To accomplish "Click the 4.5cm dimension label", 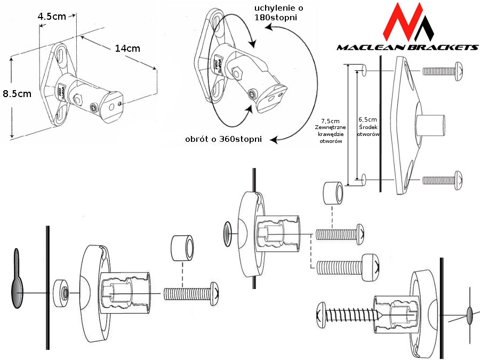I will pyautogui.click(x=52, y=17).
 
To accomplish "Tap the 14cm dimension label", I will pyautogui.click(x=127, y=49).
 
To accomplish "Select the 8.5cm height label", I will pyautogui.click(x=17, y=94).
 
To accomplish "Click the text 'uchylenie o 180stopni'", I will pyautogui.click(x=276, y=13).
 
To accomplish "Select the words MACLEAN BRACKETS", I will pyautogui.click(x=407, y=47).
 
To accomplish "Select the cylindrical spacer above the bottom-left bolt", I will pyautogui.click(x=182, y=248).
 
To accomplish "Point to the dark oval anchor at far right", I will pyautogui.click(x=469, y=315).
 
